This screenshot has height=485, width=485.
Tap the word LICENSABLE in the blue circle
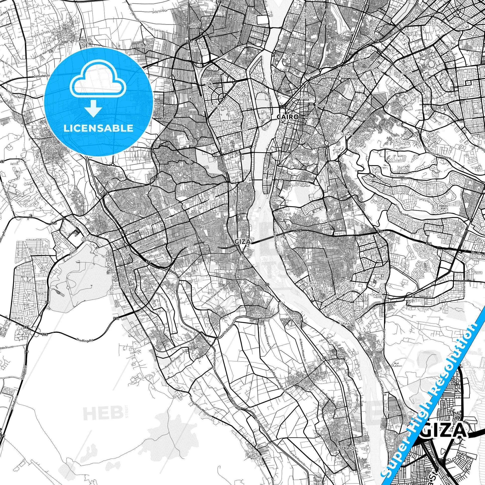(98, 128)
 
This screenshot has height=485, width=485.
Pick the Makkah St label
(424, 297)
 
